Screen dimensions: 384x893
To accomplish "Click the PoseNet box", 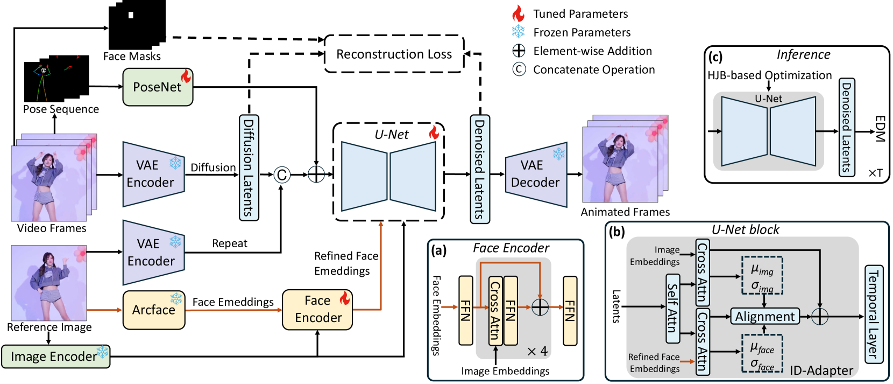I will [157, 87].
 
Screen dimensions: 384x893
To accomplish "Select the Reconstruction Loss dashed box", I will [394, 54].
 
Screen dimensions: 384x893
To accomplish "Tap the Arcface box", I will [154, 310].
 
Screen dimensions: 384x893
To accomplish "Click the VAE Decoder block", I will [535, 174].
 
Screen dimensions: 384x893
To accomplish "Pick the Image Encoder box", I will [55, 357].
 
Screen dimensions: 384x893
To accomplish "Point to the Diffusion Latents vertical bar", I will [249, 167].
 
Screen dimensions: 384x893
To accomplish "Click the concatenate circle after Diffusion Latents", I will [281, 174].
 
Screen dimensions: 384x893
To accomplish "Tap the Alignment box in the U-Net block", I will [764, 316].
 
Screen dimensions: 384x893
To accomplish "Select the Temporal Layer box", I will [873, 314].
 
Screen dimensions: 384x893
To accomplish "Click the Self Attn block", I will [672, 308].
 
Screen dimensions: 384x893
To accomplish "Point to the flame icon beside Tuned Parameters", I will [518, 13].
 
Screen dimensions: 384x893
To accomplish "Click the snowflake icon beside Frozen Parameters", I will [518, 32].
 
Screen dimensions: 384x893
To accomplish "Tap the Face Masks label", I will [132, 56].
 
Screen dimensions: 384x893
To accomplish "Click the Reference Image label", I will [49, 327].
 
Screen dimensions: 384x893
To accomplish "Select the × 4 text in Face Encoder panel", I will [537, 352].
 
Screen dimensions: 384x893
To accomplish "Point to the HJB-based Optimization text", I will [769, 75].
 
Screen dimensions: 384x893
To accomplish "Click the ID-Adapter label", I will [821, 371].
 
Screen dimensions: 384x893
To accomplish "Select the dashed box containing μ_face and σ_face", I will [762, 354].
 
